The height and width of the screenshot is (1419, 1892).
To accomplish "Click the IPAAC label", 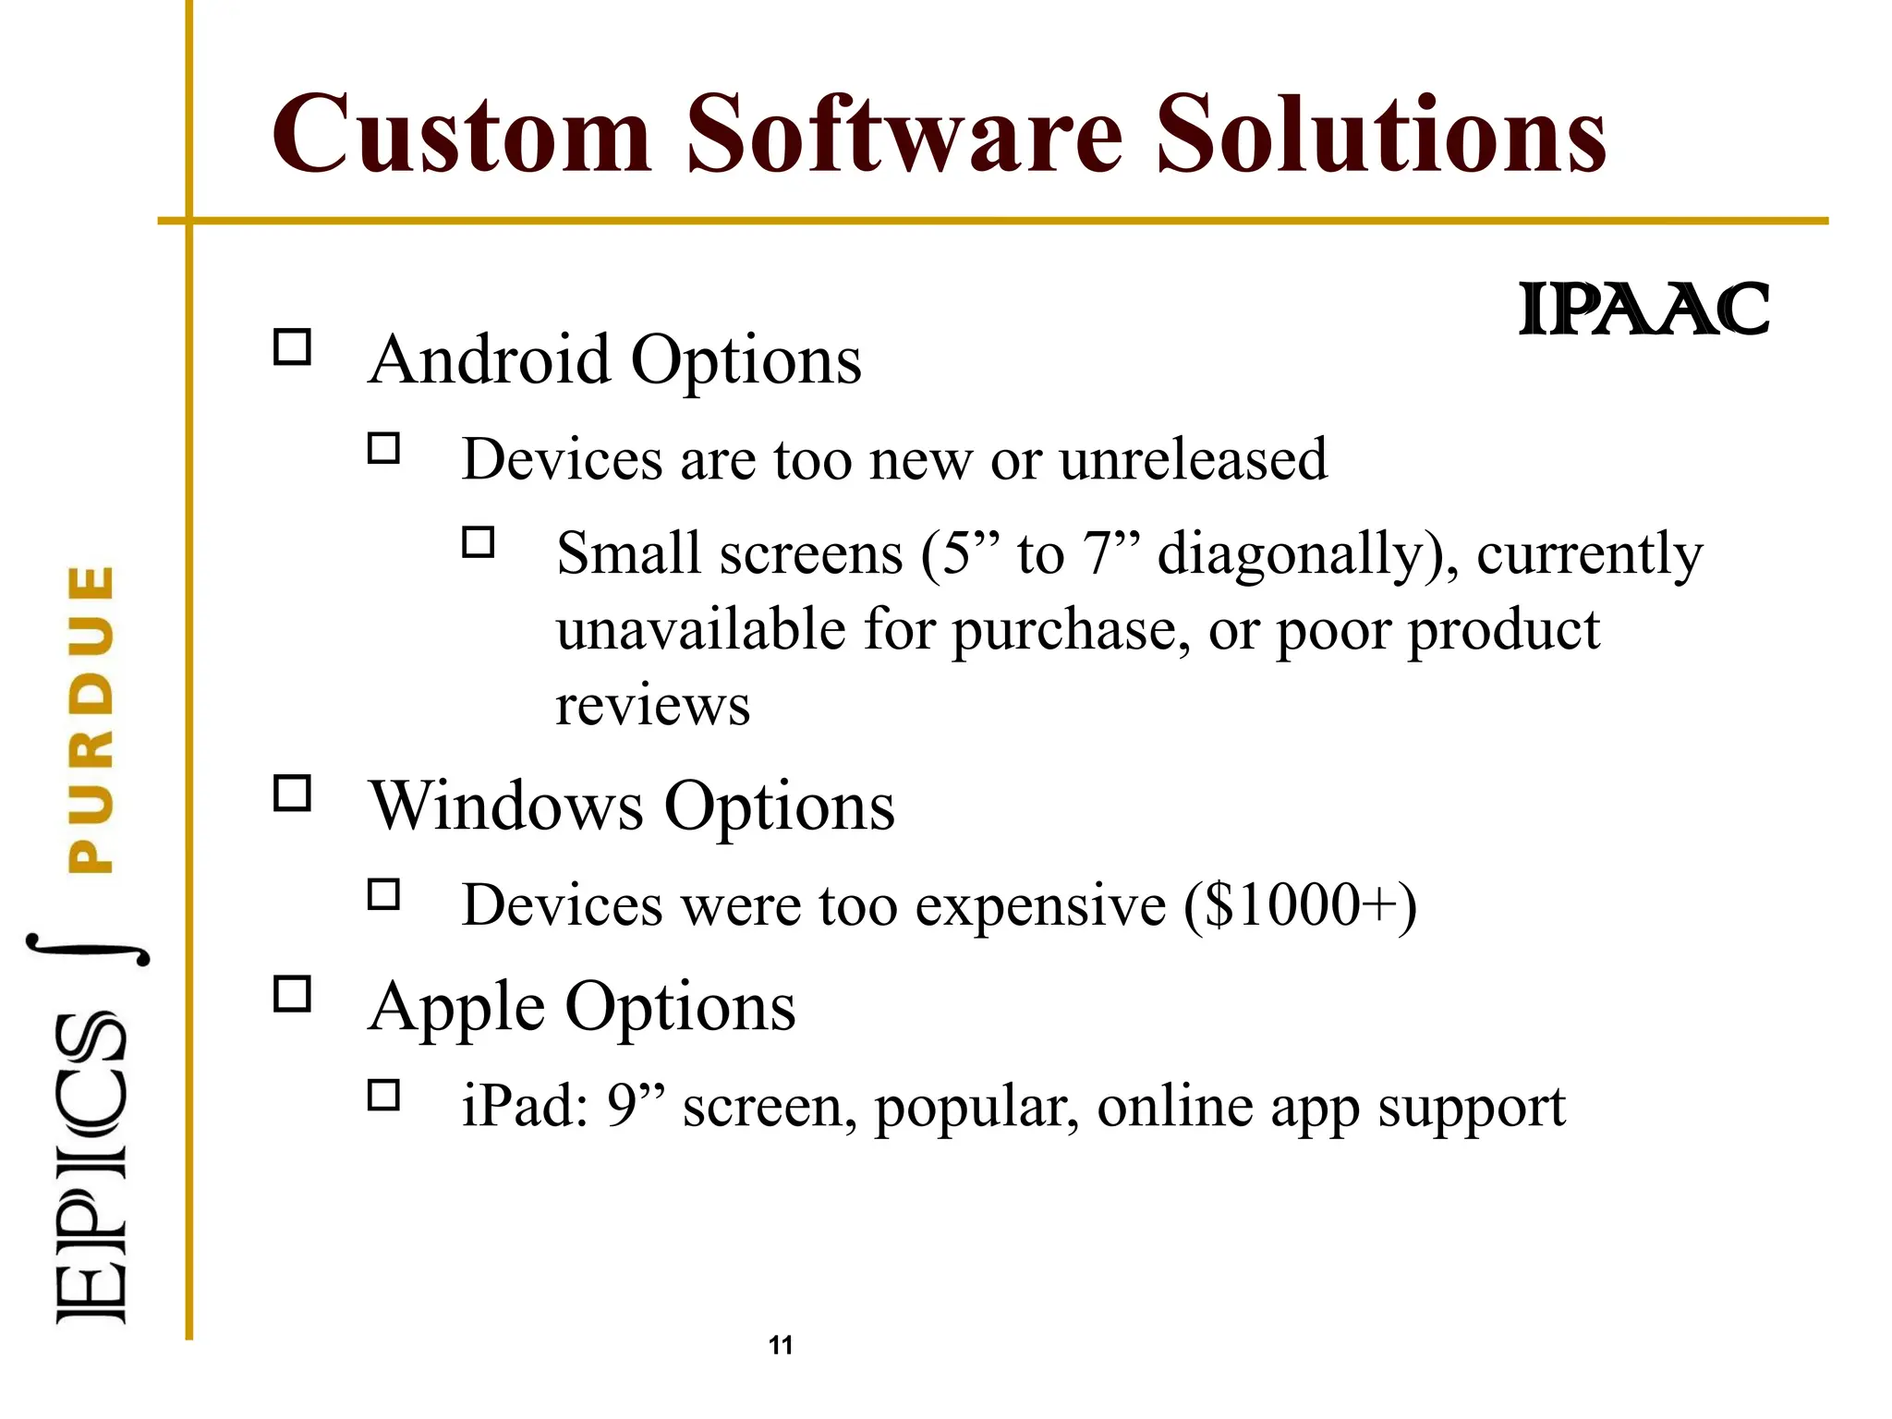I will pos(1643,310).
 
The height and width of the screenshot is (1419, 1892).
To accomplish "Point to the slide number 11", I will pos(781,1345).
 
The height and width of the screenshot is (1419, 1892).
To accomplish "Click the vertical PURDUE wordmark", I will pos(91,719).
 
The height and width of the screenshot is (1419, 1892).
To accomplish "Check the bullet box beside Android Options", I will pos(293,347).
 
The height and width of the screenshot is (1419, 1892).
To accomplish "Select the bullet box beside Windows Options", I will pos(293,793).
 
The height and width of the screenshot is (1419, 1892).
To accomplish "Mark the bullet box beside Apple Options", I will pos(293,994).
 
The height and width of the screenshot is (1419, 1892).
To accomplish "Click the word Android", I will pos(489,359).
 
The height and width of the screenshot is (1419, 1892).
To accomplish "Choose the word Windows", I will pos(506,806).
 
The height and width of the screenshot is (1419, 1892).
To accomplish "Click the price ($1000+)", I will pos(1300,905).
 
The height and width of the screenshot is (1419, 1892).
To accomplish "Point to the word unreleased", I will pos(1193,459).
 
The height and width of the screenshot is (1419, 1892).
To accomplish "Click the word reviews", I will pos(652,707).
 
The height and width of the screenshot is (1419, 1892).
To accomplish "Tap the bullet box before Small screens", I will pos(478,541).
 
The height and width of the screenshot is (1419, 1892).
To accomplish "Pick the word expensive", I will pos(1040,905).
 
